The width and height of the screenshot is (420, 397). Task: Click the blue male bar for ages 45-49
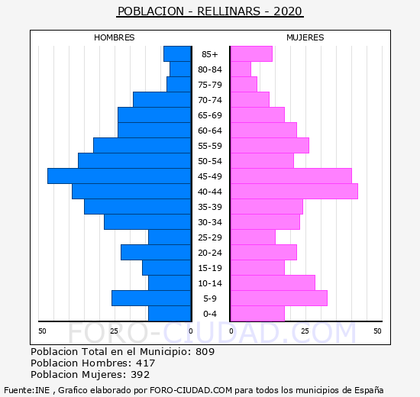coord(119,176)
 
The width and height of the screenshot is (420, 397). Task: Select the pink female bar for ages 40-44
coord(294,192)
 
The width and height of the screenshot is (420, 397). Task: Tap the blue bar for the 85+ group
coord(177,54)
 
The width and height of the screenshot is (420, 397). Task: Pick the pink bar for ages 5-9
coord(279,299)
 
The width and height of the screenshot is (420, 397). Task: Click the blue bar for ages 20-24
coord(156,253)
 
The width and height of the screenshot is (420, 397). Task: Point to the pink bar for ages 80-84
coord(241,69)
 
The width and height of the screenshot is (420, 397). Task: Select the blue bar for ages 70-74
coord(162,100)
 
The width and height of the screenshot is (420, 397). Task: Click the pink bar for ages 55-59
coord(270,146)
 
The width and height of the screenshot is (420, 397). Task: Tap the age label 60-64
coord(210,131)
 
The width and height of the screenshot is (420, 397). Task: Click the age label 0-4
coord(210,314)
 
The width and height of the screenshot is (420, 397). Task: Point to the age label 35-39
coord(210,207)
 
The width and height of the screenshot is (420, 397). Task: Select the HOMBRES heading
coord(114,37)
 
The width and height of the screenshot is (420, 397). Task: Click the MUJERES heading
coord(305,37)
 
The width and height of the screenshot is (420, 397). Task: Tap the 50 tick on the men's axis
coord(42,331)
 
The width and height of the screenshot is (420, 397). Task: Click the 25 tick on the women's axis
coord(305,331)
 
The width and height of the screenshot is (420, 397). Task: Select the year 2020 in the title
coord(288,11)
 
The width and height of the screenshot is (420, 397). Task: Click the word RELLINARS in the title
coord(229,11)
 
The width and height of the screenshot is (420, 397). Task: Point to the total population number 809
coord(205,351)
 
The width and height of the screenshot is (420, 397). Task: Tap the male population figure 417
coord(145,363)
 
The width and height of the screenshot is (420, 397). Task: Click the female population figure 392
coord(140,375)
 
